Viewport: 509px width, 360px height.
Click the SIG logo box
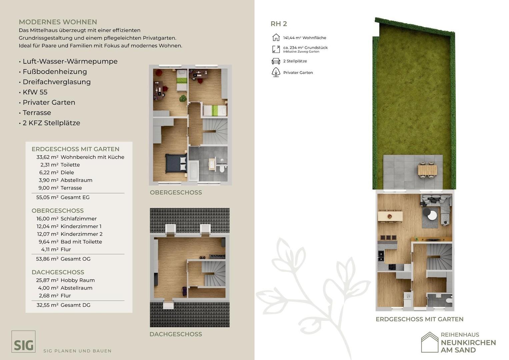pos(23,341)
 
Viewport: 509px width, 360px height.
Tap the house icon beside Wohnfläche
pos(276,37)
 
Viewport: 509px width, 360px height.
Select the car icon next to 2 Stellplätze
pos(276,61)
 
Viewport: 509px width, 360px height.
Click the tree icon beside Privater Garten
pos(276,72)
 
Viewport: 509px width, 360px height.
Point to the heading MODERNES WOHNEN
pos(58,22)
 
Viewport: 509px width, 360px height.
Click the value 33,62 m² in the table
pos(47,157)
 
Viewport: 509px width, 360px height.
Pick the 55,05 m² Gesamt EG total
pos(63,197)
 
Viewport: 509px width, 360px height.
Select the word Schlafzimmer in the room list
pos(79,219)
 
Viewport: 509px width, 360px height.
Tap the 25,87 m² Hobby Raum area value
pos(47,280)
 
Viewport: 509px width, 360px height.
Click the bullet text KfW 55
pos(35,92)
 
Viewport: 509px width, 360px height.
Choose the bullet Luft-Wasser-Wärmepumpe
pos(70,61)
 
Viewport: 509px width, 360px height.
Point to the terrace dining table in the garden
pos(427,170)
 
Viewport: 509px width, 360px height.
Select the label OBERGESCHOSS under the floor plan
pos(176,193)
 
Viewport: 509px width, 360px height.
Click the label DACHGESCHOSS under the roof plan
pos(176,334)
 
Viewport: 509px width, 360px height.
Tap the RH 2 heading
pos(279,24)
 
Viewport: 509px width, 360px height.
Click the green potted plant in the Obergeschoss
pos(183,98)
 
